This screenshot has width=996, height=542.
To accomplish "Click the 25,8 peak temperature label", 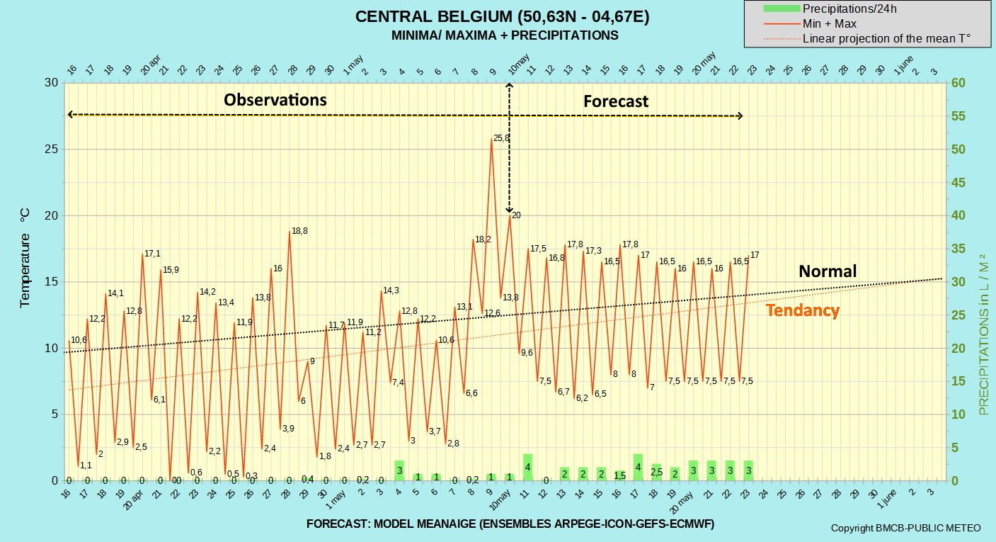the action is tap(501, 138).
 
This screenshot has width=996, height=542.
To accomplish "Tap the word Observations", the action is tap(275, 100).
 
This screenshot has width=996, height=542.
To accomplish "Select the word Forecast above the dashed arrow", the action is tap(616, 101).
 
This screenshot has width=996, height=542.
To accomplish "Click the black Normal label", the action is tap(828, 271).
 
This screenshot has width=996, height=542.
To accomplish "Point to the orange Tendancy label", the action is tap(803, 310).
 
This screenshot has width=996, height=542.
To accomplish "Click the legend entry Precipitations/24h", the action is tap(830, 9).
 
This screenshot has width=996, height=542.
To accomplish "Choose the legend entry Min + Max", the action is tap(810, 23).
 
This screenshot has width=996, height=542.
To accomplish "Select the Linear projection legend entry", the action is tap(866, 39).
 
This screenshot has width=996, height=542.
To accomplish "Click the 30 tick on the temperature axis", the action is tap(52, 83).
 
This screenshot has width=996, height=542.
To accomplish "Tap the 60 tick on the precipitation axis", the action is tap(958, 83).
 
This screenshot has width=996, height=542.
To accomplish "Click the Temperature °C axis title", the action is tap(25, 257).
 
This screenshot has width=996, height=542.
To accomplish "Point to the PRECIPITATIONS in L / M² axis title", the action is tap(983, 334).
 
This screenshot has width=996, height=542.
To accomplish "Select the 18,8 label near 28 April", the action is tap(299, 231).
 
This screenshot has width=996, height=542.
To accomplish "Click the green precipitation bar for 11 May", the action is tap(528, 467).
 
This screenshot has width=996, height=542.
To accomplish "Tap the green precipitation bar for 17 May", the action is tap(638, 467).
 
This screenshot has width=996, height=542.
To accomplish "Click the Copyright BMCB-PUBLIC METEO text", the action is tap(905, 529).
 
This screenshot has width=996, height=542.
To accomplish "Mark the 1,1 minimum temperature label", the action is tap(86, 465).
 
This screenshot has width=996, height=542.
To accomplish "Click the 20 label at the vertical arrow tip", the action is tap(516, 215).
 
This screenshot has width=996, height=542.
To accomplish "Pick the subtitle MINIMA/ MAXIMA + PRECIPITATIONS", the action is tap(505, 35).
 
